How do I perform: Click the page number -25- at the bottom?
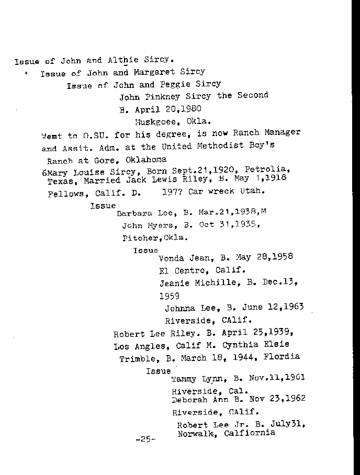tap(145, 440)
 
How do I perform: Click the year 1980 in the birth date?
tap(190, 109)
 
